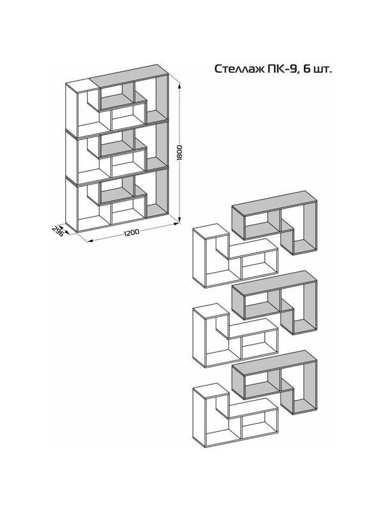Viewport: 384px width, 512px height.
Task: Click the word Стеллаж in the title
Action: tap(234, 68)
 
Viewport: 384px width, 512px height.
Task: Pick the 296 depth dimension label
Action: tap(57, 231)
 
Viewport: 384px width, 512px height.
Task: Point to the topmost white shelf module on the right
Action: tap(234, 259)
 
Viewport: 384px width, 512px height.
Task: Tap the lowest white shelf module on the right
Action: tap(234, 416)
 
